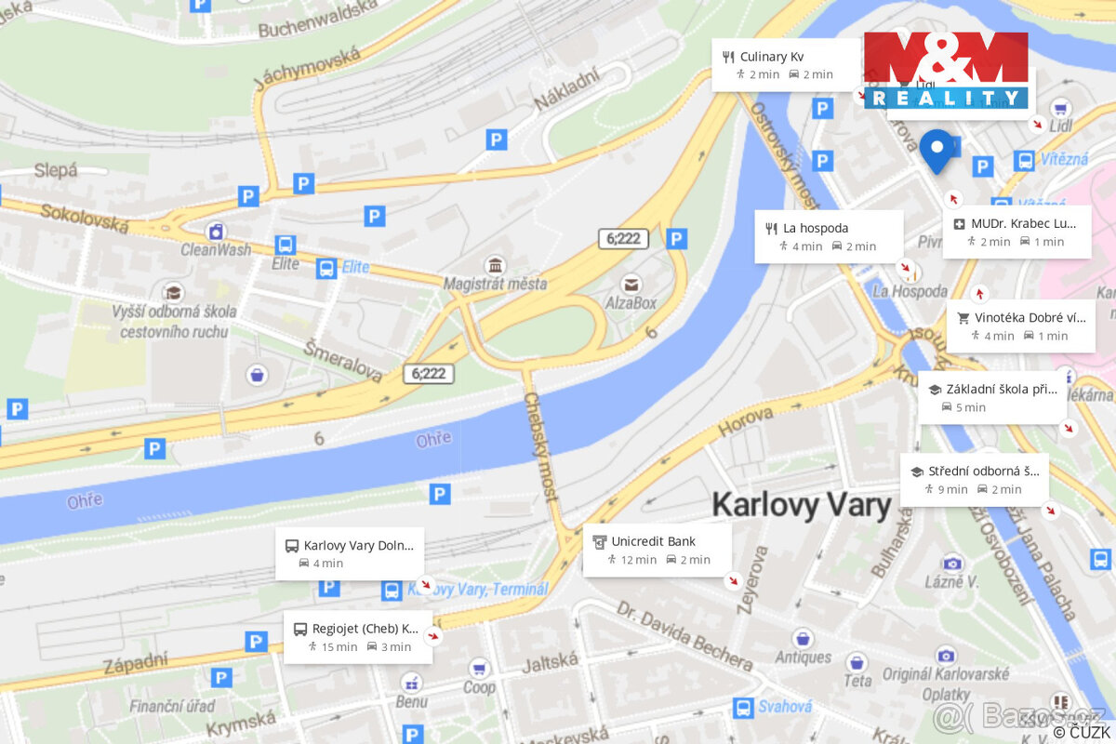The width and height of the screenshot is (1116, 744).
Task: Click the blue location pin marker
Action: point(937,151)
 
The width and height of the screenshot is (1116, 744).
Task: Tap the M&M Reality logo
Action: point(946,70)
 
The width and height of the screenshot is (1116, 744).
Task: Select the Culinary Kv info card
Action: point(786,65)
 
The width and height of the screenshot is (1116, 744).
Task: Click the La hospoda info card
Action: point(829,236)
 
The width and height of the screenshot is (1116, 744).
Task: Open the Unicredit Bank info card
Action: point(657,550)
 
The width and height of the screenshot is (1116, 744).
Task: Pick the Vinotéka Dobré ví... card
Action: point(1020,325)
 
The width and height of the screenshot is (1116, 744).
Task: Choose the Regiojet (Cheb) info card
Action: point(358,637)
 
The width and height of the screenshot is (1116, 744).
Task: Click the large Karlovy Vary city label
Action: point(801,505)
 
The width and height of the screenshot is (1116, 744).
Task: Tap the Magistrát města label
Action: point(495,284)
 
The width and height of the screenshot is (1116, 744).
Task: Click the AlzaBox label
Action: point(631,302)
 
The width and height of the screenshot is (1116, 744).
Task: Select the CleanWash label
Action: point(216,249)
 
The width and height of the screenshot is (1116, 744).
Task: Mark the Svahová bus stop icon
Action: point(743,708)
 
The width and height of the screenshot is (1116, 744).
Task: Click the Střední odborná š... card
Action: point(974,480)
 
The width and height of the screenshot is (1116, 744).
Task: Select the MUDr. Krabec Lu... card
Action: point(1016,232)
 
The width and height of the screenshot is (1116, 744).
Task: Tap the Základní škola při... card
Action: point(992,398)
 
